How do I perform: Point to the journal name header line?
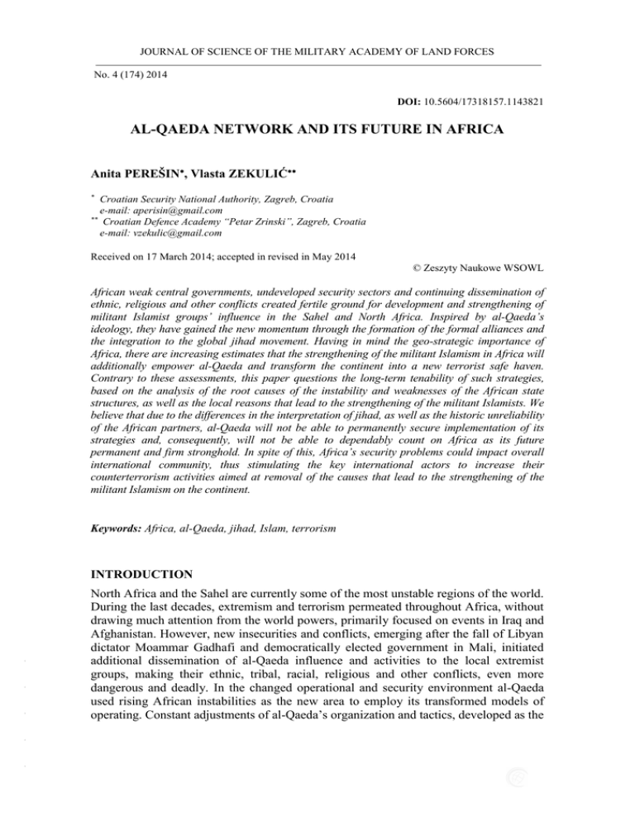317,51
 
